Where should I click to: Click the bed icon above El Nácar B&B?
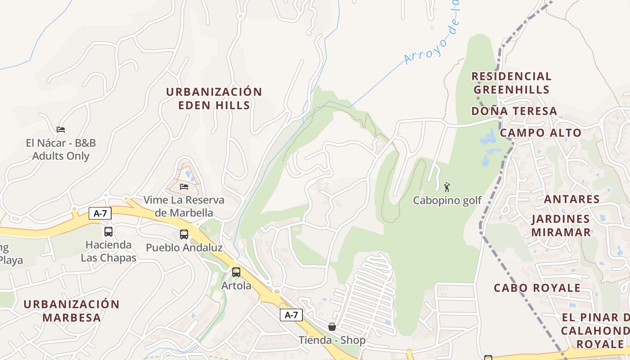click(61, 130)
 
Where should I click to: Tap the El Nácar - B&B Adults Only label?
click(61, 150)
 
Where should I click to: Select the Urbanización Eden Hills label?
click(214, 99)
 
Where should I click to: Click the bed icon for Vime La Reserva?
click(184, 186)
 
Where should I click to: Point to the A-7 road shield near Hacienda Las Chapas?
click(100, 213)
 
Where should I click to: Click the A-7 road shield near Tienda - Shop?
click(291, 315)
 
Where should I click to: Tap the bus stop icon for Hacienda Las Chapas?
click(108, 232)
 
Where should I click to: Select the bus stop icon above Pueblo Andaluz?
click(184, 234)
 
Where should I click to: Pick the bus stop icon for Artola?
click(236, 272)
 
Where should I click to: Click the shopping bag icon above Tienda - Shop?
click(332, 327)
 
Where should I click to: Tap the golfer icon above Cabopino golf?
click(447, 187)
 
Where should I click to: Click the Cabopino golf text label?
click(447, 201)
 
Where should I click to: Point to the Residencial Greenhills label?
click(512, 83)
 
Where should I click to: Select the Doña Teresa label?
click(514, 111)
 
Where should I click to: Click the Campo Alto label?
click(540, 133)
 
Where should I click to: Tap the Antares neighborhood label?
click(571, 199)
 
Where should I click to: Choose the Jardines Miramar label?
click(561, 225)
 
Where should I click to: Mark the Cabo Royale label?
click(537, 288)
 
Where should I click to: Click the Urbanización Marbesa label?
click(72, 310)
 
